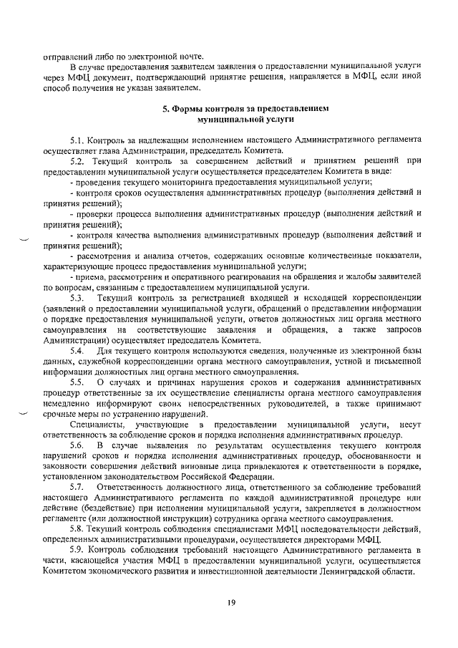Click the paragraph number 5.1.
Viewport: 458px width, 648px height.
(77, 140)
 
